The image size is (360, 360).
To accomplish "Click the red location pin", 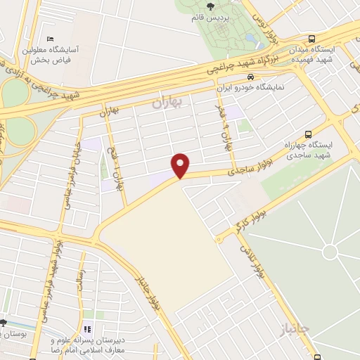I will tap(181, 165).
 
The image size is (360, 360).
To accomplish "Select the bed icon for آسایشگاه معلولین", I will tap(50, 39).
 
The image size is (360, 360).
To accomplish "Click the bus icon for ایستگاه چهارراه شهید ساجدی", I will tap(308, 135).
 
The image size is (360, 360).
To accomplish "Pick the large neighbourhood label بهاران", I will tap(167, 103).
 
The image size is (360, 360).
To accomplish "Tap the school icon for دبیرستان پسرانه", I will tap(87, 328).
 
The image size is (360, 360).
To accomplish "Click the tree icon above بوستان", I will tap(4, 323).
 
